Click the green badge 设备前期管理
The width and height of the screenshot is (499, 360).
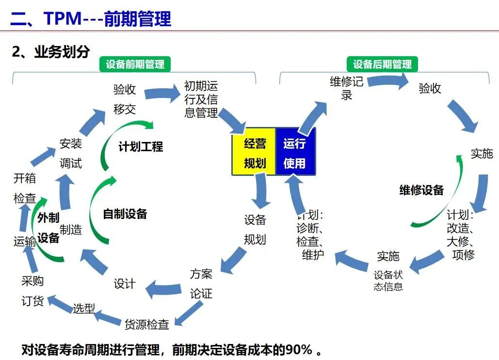point(135,64)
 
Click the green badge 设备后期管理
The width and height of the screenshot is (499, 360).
point(382,64)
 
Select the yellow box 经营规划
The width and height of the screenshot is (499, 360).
point(254,152)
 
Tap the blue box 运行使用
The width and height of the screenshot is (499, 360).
point(295,152)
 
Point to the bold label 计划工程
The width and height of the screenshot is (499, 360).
point(141,147)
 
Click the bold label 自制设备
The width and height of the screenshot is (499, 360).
point(125,214)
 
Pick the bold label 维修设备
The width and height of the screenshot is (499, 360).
point(421,190)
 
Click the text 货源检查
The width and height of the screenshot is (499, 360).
point(147,324)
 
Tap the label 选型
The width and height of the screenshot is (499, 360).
point(84,308)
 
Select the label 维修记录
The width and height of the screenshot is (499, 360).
point(347,88)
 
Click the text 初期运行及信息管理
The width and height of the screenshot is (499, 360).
point(201,99)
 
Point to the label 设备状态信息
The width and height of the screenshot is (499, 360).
point(388,281)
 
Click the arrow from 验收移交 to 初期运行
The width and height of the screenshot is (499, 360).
point(162,93)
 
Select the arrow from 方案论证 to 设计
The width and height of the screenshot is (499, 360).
point(163,289)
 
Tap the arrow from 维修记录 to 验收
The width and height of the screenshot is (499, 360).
point(388,81)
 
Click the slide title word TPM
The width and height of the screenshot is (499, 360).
point(63,18)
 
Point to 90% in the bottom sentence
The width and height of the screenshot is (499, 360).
point(299,350)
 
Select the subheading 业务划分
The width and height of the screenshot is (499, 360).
point(62,51)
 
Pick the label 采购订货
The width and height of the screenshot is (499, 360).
point(33,291)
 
